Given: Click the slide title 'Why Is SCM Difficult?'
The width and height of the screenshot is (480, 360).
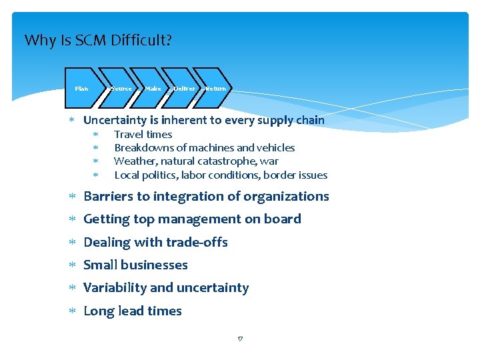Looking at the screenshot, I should (98, 41).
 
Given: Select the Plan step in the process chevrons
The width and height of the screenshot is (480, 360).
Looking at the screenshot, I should (81, 88).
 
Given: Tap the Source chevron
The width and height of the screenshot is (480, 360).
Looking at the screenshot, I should (121, 88).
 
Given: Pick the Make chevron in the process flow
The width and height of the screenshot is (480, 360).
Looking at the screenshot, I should (153, 88).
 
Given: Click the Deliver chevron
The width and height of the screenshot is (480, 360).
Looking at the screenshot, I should (184, 88).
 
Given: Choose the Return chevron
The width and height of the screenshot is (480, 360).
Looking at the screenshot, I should (215, 88).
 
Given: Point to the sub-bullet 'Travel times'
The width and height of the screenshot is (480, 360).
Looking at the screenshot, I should (143, 135).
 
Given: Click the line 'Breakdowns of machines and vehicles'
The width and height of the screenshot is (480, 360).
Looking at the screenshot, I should (204, 148).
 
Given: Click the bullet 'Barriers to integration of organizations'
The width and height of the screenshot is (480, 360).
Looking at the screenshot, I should (206, 197).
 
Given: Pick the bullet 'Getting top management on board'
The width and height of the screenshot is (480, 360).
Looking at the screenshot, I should (192, 219).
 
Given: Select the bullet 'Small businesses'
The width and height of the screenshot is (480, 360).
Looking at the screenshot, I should (135, 265).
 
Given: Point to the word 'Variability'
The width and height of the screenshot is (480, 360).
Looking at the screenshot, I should (115, 288).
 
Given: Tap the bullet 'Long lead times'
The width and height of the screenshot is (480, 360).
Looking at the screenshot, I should (132, 311).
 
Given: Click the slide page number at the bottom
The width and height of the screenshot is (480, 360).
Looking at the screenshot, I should (240, 339).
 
